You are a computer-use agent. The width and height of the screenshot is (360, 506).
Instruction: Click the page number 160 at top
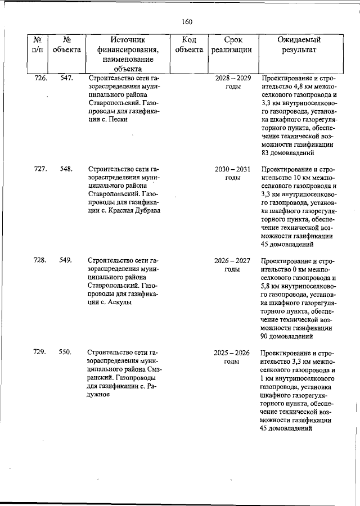[x=187, y=22]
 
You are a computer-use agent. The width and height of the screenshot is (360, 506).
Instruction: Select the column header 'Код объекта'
[x=188, y=45]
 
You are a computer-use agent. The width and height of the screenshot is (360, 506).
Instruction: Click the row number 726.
[x=41, y=78]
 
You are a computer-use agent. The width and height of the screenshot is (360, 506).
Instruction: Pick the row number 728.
[x=40, y=260]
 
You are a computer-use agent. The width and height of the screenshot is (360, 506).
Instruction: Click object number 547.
[x=66, y=78]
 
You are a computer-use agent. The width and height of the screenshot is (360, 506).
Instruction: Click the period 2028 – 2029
[x=233, y=78]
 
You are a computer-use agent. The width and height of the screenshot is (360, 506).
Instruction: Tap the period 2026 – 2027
[x=233, y=260]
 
